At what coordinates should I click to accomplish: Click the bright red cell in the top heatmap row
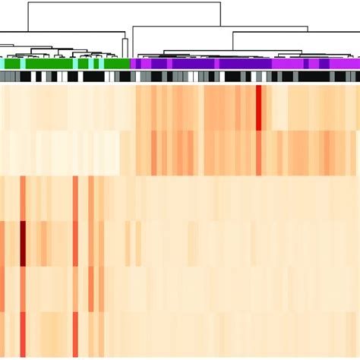coord(259,107)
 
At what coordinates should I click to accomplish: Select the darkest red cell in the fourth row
coord(23,243)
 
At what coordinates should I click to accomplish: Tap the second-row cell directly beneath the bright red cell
coord(259,153)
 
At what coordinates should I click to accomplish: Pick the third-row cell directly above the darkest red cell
coord(23,198)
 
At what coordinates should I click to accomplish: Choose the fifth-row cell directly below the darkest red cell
coord(23,289)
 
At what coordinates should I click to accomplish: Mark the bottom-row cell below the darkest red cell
coord(23,334)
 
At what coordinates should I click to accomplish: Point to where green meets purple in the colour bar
coord(131,64)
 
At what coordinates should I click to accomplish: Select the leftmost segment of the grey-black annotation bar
coord(2,77)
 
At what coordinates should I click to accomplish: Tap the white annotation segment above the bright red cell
coord(260,77)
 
